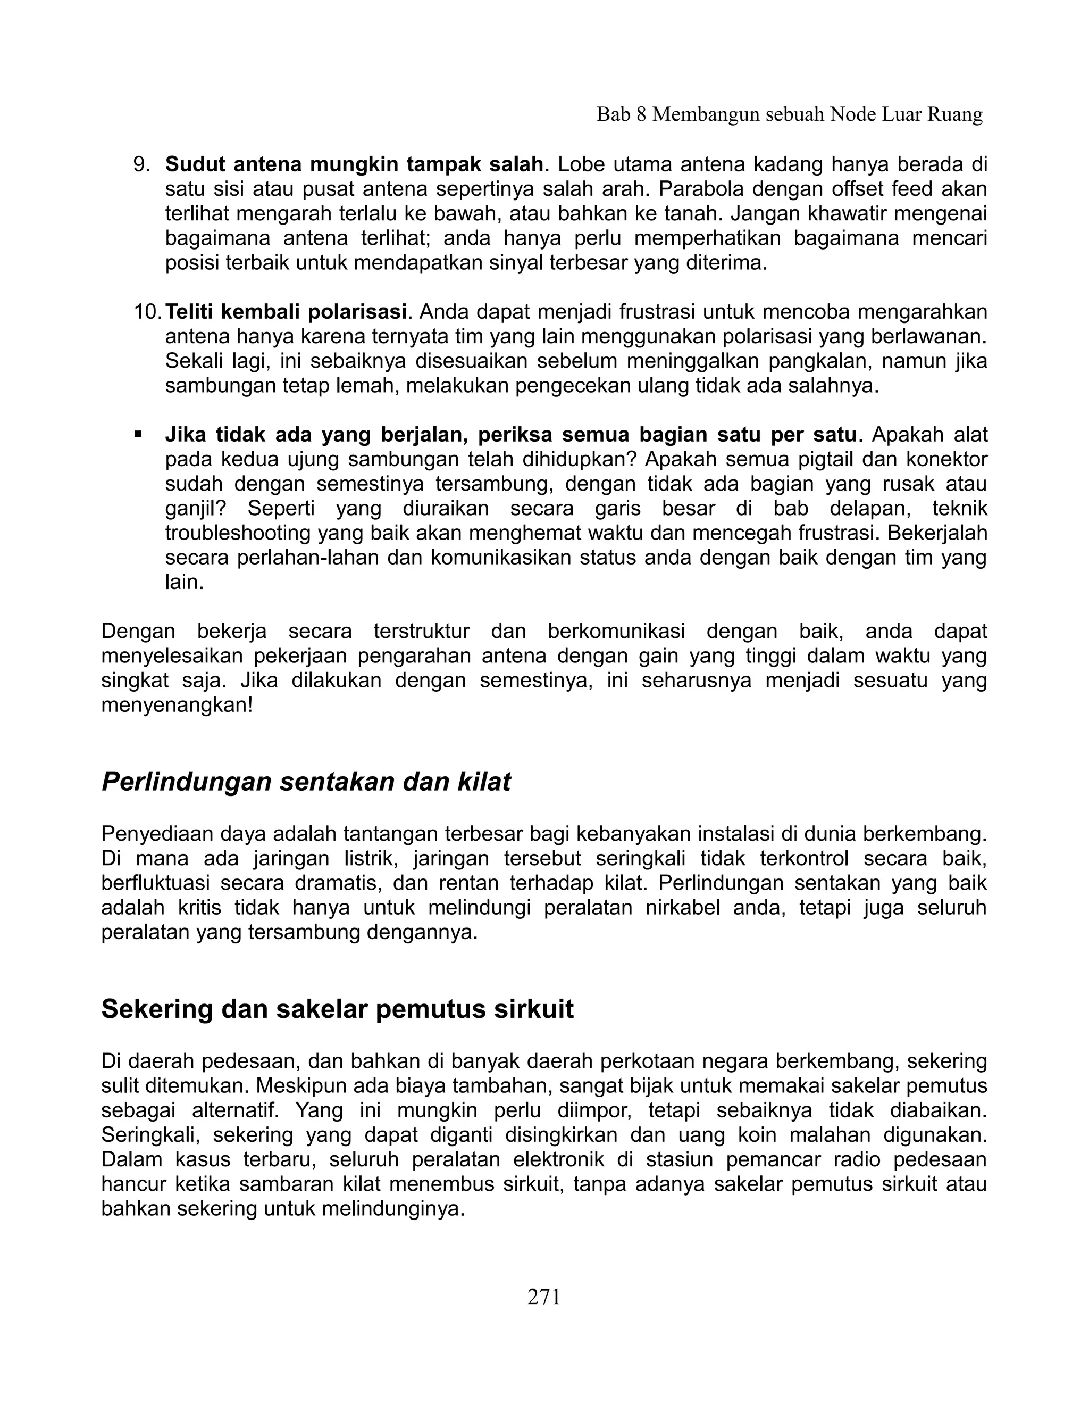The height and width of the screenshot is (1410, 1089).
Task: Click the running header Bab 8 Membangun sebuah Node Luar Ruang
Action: [x=789, y=115]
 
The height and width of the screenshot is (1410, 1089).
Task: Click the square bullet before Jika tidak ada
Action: [x=138, y=435]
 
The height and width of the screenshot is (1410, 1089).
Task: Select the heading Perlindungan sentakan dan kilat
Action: [x=306, y=782]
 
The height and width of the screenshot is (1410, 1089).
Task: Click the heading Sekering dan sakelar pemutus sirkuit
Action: [x=337, y=1009]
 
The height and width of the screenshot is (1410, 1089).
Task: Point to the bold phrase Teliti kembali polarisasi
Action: [x=286, y=312]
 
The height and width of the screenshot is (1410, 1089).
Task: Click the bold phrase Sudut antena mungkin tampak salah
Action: [x=354, y=165]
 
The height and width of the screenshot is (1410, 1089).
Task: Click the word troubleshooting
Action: [x=239, y=533]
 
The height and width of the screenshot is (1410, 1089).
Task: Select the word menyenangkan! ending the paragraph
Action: [x=177, y=705]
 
